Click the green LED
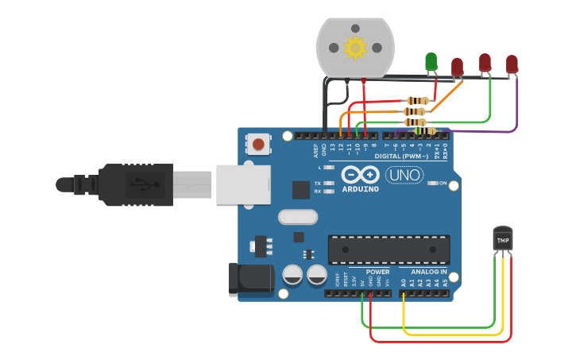click(431, 61)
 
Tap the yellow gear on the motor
click(354, 48)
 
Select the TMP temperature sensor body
click(503, 238)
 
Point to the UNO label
click(404, 174)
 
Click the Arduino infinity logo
click(360, 174)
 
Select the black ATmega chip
click(389, 250)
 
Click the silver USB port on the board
click(242, 184)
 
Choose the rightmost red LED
click(512, 64)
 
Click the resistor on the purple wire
click(426, 130)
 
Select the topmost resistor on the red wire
click(417, 101)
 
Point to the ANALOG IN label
click(429, 272)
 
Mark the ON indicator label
click(443, 183)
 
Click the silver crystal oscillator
click(298, 217)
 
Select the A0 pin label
click(404, 282)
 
